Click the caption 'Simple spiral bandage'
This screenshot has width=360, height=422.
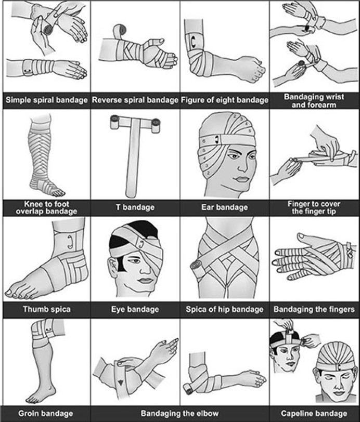(45, 100)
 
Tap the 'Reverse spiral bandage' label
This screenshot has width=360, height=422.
(135, 100)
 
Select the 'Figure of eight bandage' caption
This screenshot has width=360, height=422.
(225, 100)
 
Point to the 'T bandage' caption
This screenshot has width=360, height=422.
(135, 207)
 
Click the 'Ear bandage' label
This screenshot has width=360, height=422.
(225, 207)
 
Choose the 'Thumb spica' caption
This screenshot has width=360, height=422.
(45, 309)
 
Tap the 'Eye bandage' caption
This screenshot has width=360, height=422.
(135, 309)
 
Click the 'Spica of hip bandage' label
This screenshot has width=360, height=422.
(225, 309)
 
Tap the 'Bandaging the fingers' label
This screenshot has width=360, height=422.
(315, 309)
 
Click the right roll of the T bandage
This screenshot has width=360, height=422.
(155, 123)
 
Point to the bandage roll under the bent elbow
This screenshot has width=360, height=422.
(188, 388)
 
